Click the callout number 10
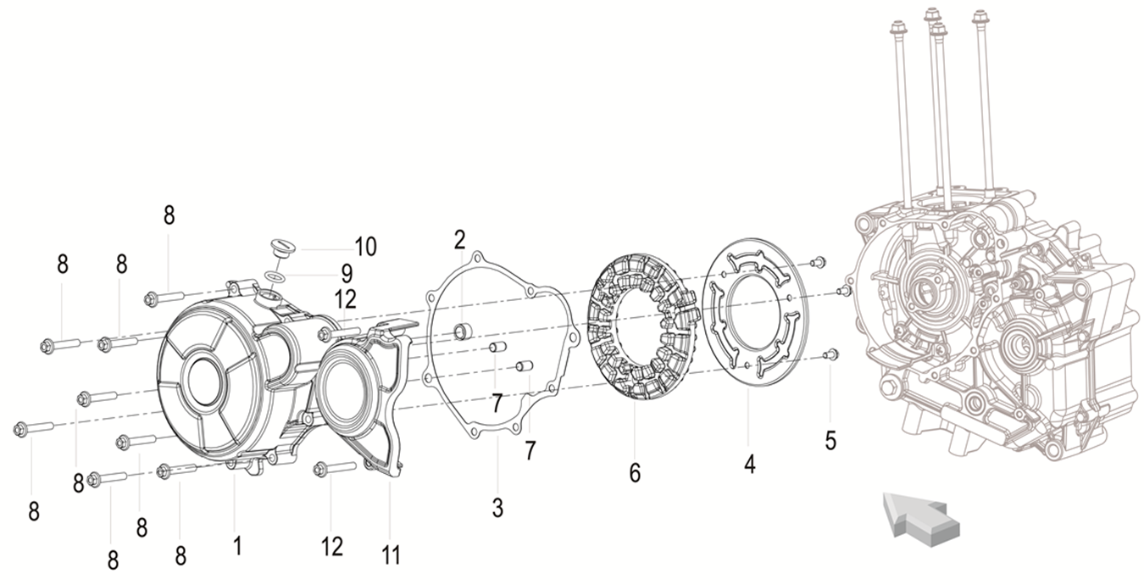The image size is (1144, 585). (x=365, y=247)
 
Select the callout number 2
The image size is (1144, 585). (x=459, y=239)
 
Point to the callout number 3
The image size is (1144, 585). (x=497, y=508)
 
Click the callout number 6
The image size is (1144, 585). (x=635, y=472)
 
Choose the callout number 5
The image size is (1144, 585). (x=830, y=440)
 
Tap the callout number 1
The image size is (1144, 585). (x=237, y=545)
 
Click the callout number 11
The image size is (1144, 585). (x=391, y=555)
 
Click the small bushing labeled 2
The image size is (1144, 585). (x=463, y=331)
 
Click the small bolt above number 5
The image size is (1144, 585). (x=830, y=354)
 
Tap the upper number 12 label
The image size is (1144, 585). (x=345, y=299)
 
